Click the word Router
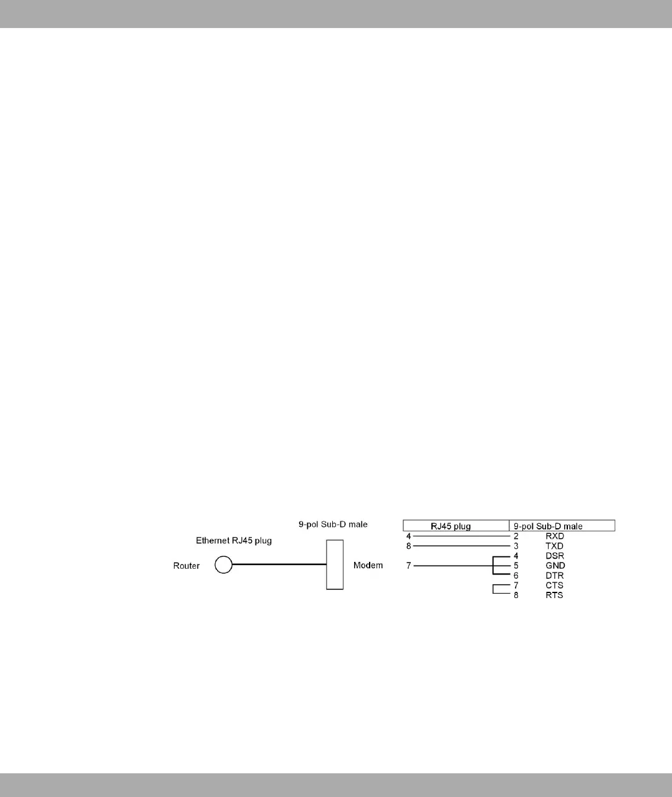point(186,566)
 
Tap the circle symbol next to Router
point(223,566)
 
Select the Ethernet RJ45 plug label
point(234,541)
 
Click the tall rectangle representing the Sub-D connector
point(335,564)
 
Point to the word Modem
point(368,566)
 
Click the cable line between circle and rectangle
point(279,565)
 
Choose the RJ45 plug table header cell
point(456,526)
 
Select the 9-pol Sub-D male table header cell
point(562,526)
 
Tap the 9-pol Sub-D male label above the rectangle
point(333,524)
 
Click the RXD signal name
point(555,536)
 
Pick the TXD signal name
point(554,546)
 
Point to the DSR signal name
point(555,556)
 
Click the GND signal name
point(555,566)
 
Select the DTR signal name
point(555,576)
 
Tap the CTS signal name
point(554,586)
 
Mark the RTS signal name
point(554,596)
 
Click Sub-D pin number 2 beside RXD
point(516,536)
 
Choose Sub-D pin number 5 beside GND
point(516,566)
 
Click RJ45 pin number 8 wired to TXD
point(408,546)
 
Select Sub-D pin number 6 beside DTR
point(516,576)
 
